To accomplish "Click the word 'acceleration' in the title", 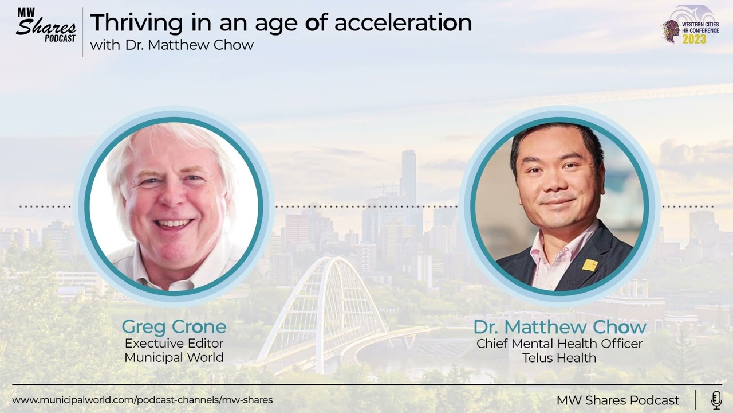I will [x=403, y=23].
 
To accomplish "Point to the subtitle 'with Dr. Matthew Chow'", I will [x=172, y=45].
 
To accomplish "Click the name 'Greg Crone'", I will [x=174, y=327].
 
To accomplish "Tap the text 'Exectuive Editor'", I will [x=174, y=344].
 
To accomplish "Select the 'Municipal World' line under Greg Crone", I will [x=174, y=358].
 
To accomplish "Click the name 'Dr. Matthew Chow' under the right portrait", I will [x=559, y=327].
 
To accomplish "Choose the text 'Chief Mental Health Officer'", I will [x=559, y=344].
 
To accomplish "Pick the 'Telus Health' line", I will [x=559, y=358].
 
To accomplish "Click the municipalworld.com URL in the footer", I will [x=143, y=400].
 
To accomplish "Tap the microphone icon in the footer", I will [x=716, y=400].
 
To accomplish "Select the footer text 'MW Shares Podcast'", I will [x=618, y=400].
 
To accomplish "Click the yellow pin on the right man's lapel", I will [x=590, y=264].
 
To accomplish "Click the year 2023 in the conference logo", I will [x=693, y=39].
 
